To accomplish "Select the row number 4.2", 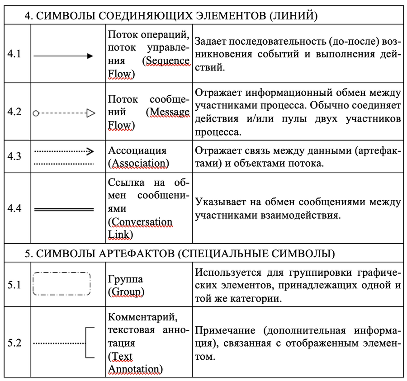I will [14, 112].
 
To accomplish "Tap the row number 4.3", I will [14, 156].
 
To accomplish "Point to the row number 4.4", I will [14, 209].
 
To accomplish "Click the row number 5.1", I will [14, 285].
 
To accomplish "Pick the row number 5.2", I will [14, 343].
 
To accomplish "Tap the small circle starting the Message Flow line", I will [36, 113].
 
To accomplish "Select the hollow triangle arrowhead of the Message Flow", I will [90, 113].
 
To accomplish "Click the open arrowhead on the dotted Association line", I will [90, 151].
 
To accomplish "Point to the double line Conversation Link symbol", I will [64, 209].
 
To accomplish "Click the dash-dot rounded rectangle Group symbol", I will [62, 284].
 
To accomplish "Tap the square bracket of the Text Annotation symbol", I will [90, 343].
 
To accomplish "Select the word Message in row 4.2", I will [169, 112].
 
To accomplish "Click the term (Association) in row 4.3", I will [138, 163].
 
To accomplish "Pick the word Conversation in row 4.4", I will [141, 222].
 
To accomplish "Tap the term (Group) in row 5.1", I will [126, 292].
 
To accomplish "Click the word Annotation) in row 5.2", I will [135, 369].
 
